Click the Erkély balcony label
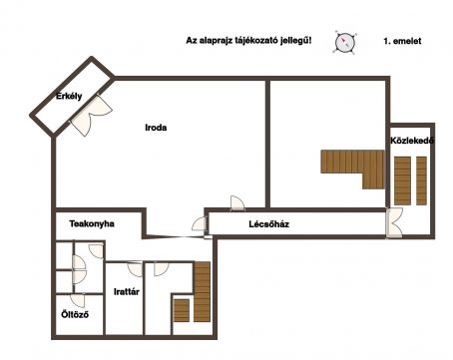69,97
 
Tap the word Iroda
156,128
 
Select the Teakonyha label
92,223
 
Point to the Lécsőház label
268,224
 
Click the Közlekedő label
412,141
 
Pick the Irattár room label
127,292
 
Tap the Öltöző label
75,314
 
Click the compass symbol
345,42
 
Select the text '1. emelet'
402,41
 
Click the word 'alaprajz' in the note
216,41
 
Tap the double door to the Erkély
92,115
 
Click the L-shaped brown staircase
352,169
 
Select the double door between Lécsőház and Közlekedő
394,222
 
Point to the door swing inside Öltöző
78,300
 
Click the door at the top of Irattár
136,268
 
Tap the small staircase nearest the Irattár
182,310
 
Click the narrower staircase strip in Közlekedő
421,180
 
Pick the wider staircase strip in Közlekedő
402,180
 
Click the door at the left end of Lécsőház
200,223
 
